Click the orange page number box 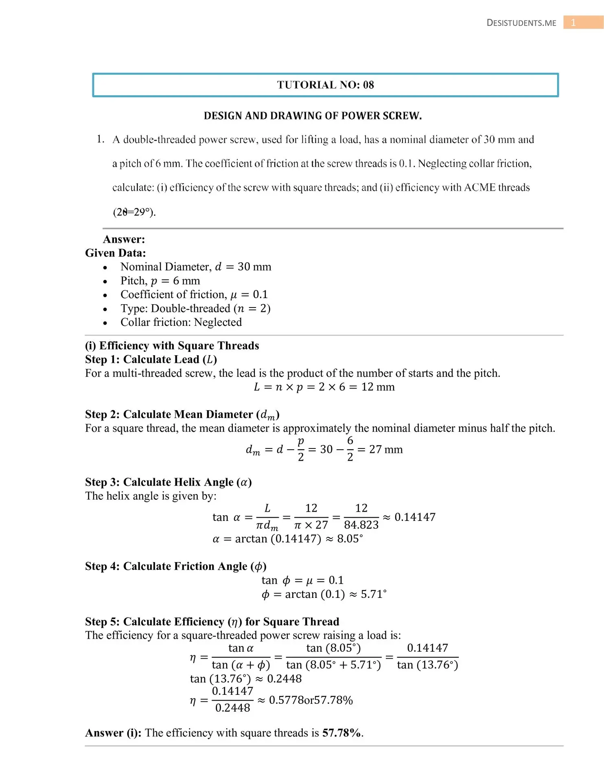pos(582,22)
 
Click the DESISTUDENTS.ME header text pos(521,23)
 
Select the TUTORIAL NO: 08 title pos(325,85)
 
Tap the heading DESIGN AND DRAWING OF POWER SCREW pos(313,116)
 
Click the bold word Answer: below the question pos(124,239)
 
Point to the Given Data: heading pos(115,253)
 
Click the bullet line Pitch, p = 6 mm pos(160,281)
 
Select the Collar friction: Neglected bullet pos(181,322)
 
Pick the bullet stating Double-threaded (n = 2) pos(195,308)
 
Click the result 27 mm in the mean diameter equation pos(385,449)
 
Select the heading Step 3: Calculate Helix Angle pos(168,482)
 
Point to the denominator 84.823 pos(361,525)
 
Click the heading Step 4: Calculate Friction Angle pos(175,566)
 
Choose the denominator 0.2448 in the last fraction pos(232,708)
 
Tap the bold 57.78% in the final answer pos(341,733)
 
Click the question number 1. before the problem pos(101,139)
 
